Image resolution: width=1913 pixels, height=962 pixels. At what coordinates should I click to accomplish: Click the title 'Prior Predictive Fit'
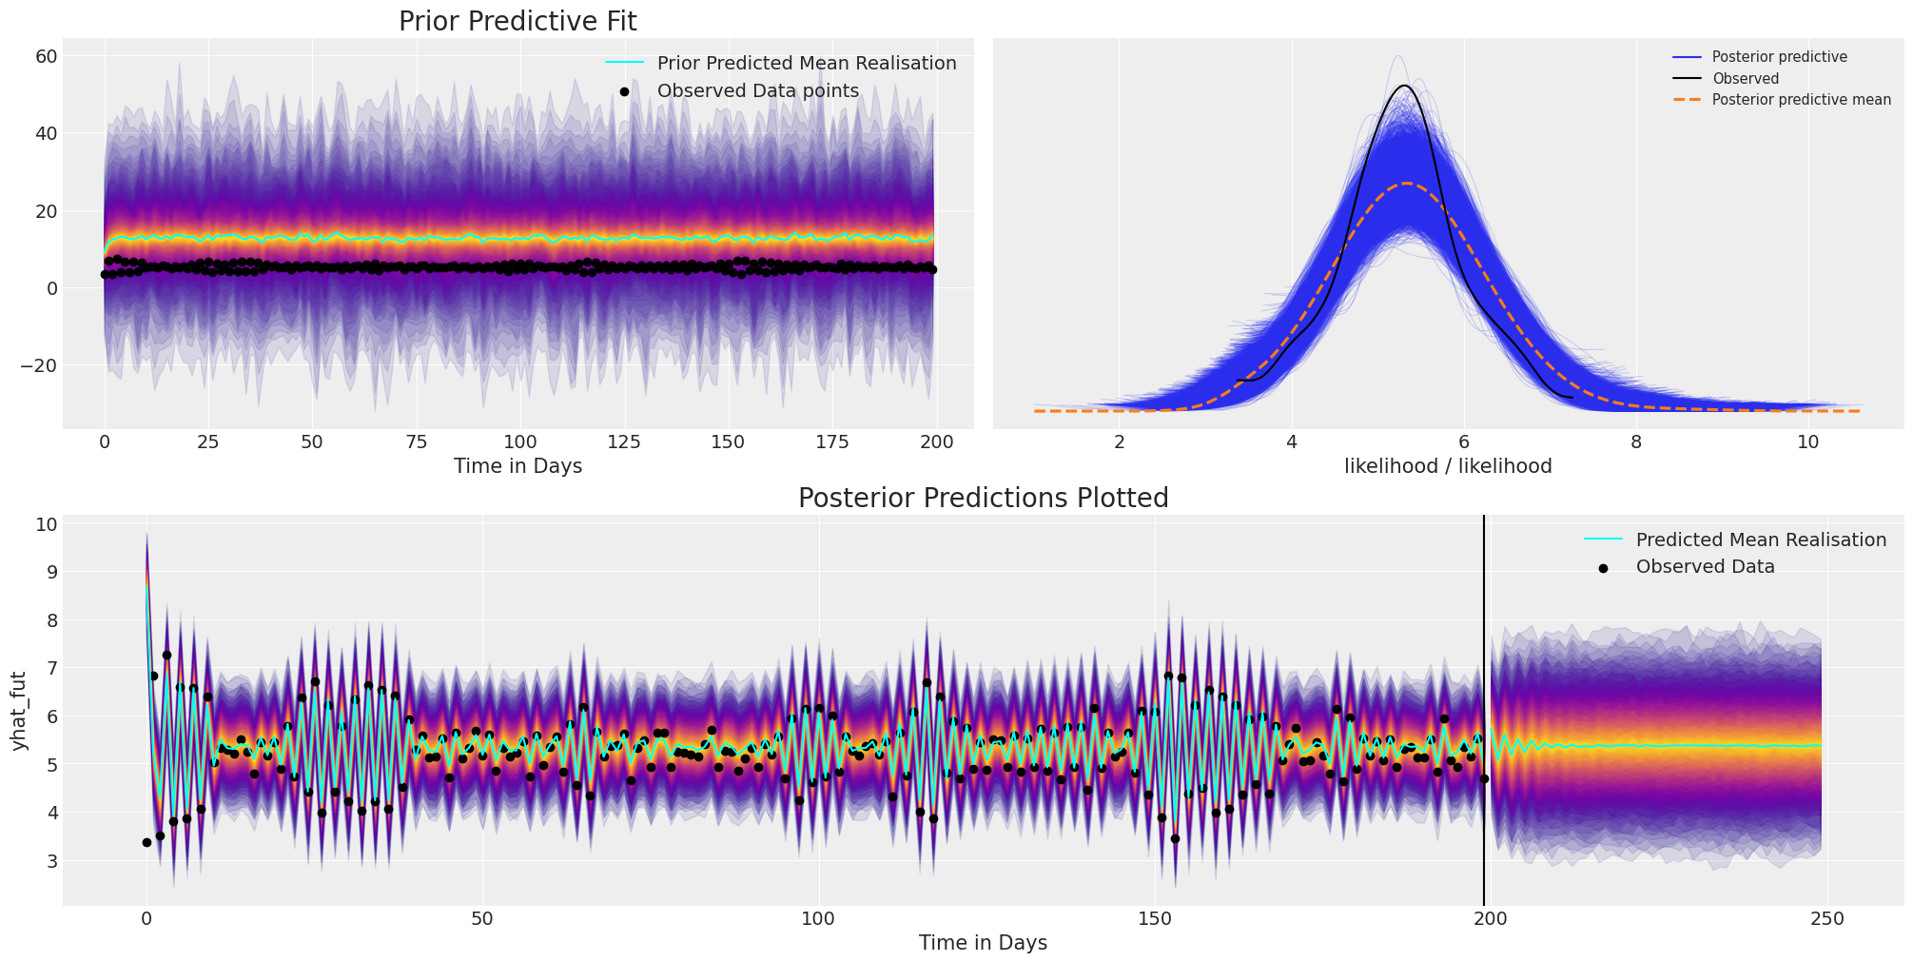[x=517, y=21]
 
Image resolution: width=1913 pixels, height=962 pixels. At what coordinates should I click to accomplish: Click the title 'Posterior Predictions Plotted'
[x=983, y=498]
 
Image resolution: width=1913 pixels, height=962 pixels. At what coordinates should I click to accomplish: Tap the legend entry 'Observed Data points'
[x=757, y=91]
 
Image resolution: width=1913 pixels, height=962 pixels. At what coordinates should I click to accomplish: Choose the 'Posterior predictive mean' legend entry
[x=1801, y=100]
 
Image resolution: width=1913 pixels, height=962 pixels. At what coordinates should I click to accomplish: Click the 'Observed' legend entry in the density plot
[x=1745, y=79]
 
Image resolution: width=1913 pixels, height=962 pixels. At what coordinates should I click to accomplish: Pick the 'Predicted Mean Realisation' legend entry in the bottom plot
[x=1760, y=540]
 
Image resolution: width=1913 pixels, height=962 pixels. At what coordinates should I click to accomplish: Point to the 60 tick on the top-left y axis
[x=48, y=56]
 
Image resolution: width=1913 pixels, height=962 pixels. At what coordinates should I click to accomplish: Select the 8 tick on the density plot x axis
[x=1635, y=442]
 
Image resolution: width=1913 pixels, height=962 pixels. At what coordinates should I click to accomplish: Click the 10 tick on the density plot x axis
[x=1807, y=442]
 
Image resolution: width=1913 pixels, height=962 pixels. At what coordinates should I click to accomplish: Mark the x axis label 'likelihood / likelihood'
[x=1448, y=466]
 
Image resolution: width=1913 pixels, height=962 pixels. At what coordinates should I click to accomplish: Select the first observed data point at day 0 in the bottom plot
[x=146, y=842]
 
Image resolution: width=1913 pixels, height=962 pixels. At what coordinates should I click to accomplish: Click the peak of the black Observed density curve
[x=1405, y=86]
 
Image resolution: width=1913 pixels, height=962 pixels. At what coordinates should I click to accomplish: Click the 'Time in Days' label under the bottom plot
[x=983, y=943]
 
